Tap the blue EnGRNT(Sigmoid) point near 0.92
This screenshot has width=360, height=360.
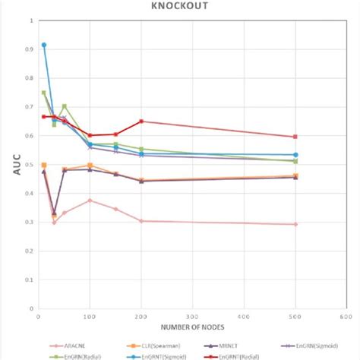(x=44, y=45)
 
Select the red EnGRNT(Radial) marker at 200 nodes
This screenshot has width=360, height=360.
(x=141, y=121)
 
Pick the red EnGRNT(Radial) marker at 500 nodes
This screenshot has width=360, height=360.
(x=295, y=137)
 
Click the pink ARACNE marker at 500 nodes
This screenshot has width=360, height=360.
(x=295, y=224)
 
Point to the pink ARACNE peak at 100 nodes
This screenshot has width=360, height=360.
(x=90, y=201)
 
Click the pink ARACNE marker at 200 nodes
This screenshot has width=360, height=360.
(x=141, y=221)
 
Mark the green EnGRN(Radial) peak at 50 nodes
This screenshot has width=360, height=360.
(x=65, y=106)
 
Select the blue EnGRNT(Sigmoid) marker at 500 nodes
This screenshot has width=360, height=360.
(x=295, y=155)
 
